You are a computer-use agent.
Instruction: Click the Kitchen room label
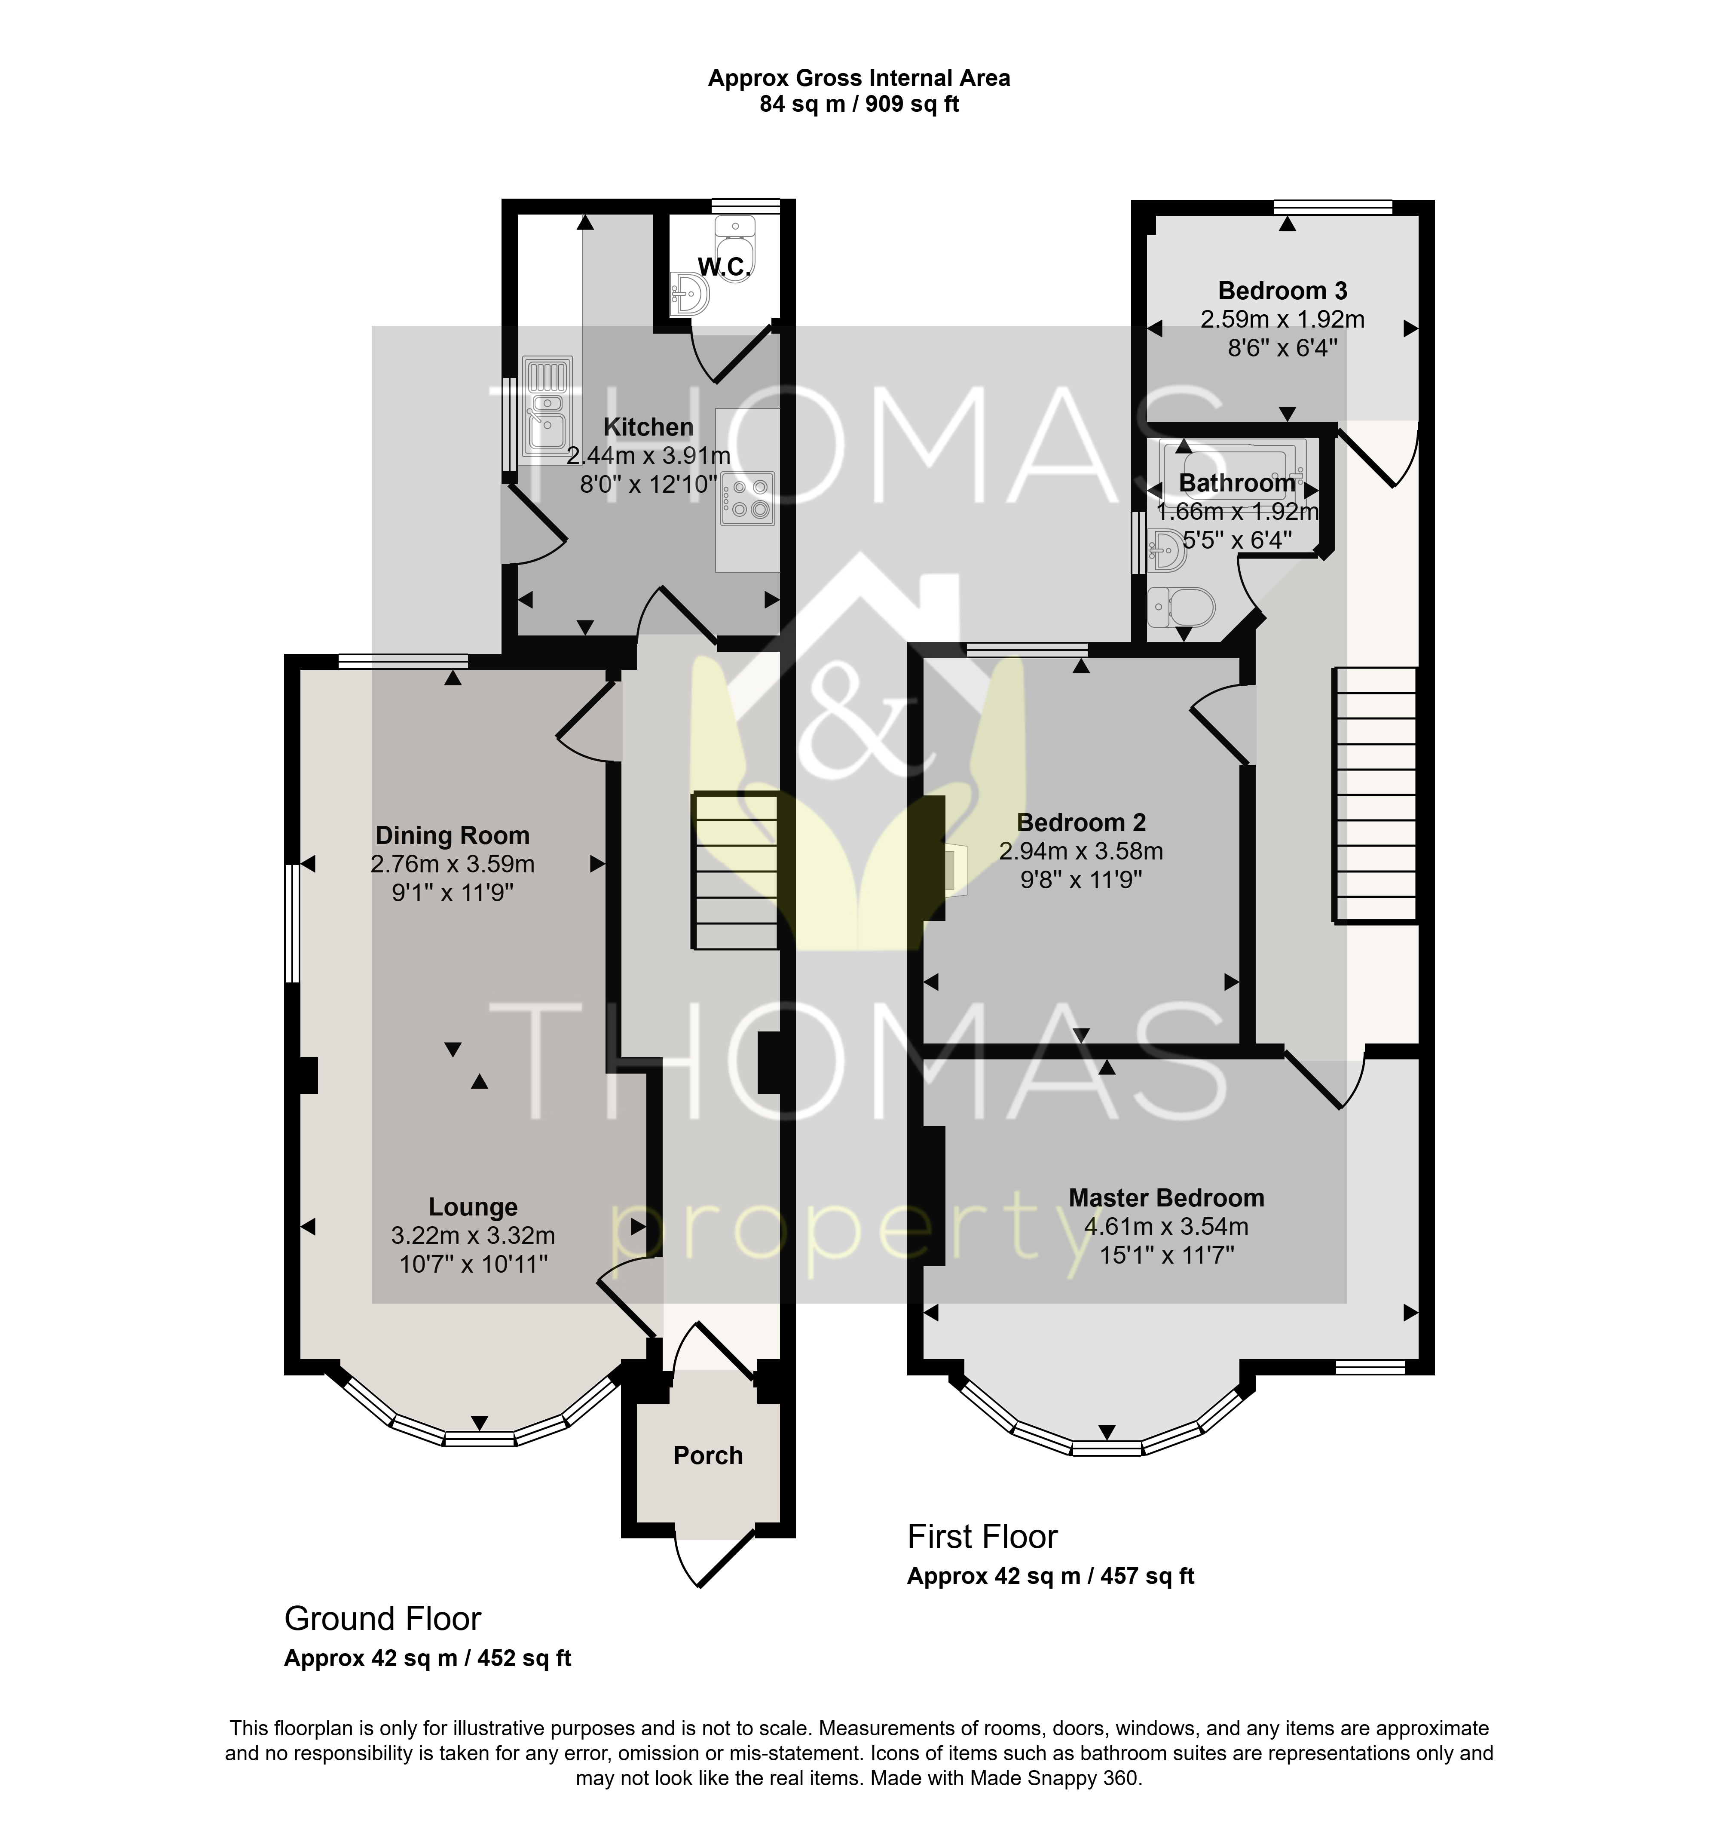coord(648,427)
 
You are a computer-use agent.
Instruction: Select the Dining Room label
coord(453,835)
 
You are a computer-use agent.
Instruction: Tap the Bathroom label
coord(1237,483)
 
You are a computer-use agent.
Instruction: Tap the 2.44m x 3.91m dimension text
coord(648,456)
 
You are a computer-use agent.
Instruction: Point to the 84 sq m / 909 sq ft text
coord(859,104)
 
